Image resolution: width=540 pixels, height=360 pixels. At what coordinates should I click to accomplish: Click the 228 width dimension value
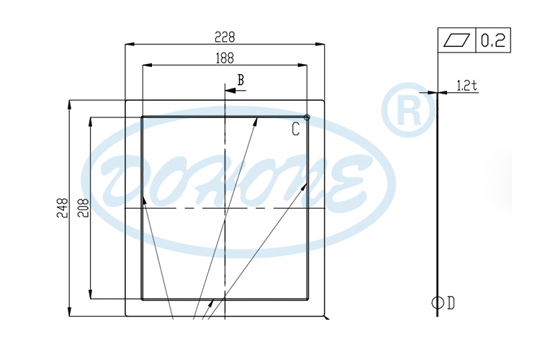click(x=225, y=36)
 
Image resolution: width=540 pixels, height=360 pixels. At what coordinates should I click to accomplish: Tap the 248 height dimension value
click(x=62, y=209)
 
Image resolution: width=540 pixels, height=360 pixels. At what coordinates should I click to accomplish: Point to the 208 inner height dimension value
click(x=83, y=209)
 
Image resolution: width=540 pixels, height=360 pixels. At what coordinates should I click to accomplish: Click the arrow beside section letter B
click(x=231, y=91)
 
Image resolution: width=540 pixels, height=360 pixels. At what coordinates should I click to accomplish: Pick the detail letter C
click(x=296, y=129)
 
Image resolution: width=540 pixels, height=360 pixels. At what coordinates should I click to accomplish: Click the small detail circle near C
click(x=307, y=117)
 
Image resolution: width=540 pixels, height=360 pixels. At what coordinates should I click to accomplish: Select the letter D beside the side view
click(x=451, y=303)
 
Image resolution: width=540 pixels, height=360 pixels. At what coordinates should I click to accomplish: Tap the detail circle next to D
click(x=437, y=303)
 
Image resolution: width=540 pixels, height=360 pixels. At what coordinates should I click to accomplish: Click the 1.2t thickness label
click(x=467, y=86)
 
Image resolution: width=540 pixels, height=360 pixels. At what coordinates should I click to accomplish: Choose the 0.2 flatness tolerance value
click(x=492, y=40)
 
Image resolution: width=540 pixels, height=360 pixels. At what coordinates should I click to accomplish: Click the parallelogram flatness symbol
click(x=456, y=40)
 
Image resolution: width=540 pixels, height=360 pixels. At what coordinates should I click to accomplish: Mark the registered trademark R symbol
click(x=408, y=109)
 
